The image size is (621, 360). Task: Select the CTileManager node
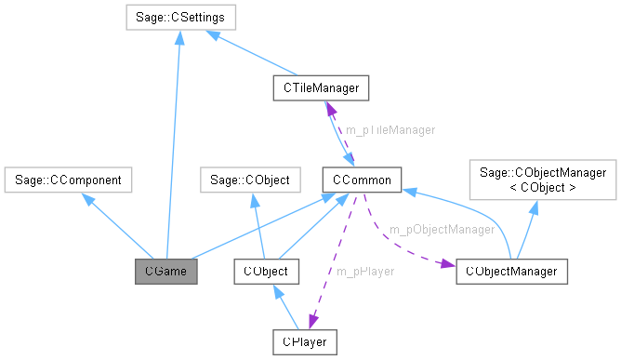click(322, 88)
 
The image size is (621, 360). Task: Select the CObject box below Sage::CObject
click(267, 272)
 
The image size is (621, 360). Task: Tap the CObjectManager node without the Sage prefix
click(512, 272)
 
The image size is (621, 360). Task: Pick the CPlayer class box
click(304, 341)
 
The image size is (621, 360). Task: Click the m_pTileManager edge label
click(390, 130)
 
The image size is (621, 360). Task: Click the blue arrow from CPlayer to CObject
click(285, 306)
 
